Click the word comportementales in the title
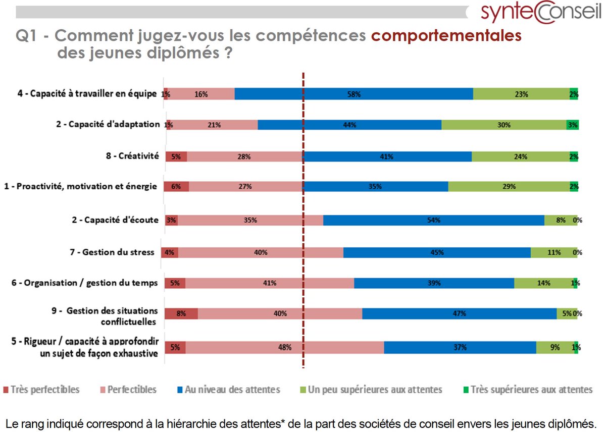click(446, 36)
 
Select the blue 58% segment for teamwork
click(353, 94)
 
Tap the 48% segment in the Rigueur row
click(284, 347)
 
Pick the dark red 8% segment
click(181, 313)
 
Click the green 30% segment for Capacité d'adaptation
click(503, 125)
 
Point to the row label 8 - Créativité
click(132, 156)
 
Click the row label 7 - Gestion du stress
click(112, 252)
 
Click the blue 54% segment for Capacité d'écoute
click(433, 220)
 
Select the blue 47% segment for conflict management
click(459, 313)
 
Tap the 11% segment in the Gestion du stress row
click(553, 252)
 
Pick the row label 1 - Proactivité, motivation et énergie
click(81, 186)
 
